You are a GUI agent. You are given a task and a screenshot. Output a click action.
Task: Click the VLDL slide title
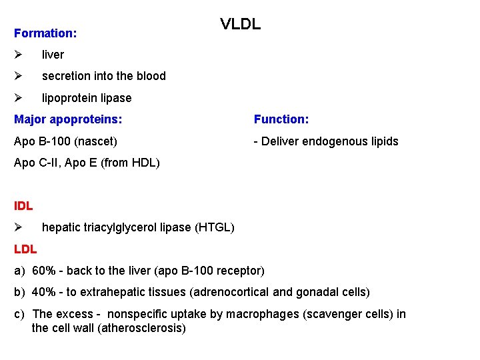241,25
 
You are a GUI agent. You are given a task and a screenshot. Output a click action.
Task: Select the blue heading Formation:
45,33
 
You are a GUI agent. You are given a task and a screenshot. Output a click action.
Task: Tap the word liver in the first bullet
53,55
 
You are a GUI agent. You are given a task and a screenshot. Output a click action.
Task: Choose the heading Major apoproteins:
68,119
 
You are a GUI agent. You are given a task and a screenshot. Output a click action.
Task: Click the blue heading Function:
281,119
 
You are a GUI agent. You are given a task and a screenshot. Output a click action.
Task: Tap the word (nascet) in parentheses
98,141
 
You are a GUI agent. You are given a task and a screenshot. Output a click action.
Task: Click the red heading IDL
23,206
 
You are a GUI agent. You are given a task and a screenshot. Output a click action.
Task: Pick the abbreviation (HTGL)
214,228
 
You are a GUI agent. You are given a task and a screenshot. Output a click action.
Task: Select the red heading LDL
25,249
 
